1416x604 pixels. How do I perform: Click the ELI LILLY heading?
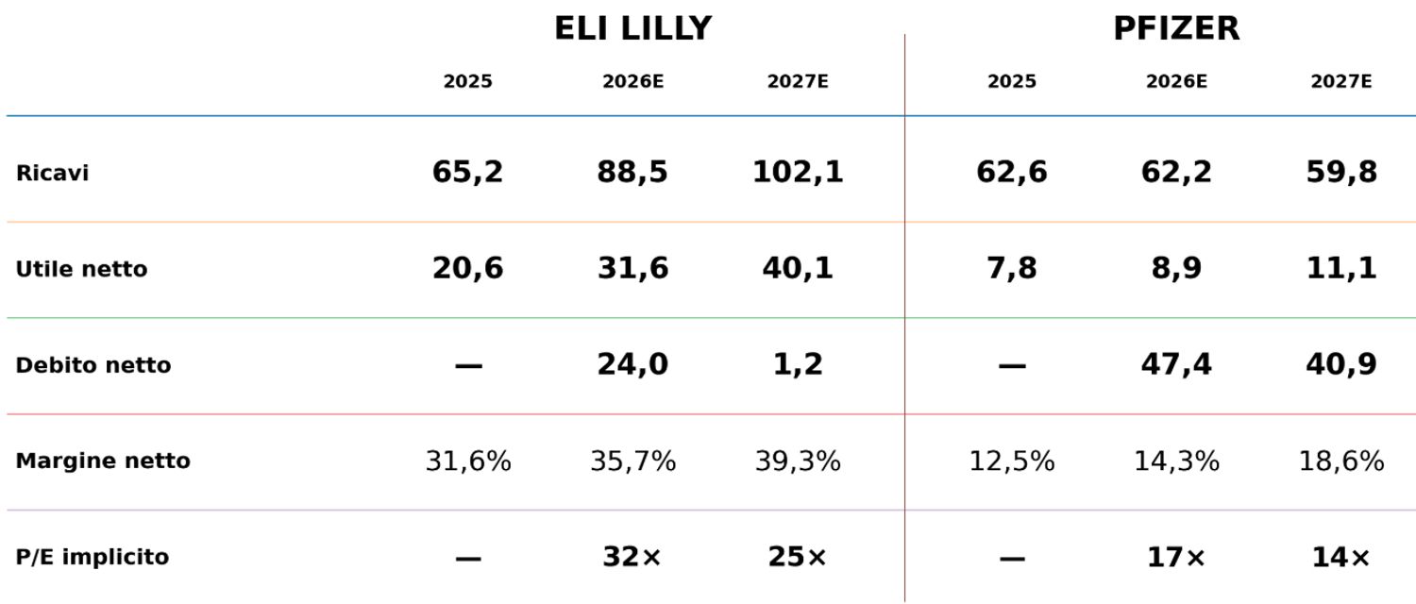click(632, 29)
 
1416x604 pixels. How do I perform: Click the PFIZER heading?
click(1176, 29)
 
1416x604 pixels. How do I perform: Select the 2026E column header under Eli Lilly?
click(632, 81)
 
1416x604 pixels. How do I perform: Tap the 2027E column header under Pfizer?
click(1341, 81)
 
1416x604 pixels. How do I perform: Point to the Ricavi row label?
click(52, 173)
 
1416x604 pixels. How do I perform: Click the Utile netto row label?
click(81, 269)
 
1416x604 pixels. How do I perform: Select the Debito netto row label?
click(93, 365)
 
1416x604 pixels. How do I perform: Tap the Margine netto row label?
click(102, 461)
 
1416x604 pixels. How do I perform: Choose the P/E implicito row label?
click(93, 557)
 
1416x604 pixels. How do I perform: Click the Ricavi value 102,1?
click(798, 172)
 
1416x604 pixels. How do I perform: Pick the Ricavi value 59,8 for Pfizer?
click(1341, 172)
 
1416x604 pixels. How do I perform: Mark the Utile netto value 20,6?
click(468, 268)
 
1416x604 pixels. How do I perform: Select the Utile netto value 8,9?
click(1176, 268)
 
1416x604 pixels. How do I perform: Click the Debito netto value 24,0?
click(632, 364)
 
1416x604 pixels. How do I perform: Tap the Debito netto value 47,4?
click(1176, 364)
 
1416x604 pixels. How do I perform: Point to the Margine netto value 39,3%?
click(798, 461)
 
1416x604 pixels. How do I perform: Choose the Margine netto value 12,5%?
click(1012, 461)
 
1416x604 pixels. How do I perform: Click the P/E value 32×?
click(632, 557)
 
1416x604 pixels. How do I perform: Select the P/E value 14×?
click(1340, 557)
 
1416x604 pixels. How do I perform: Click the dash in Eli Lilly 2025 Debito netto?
click(468, 366)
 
